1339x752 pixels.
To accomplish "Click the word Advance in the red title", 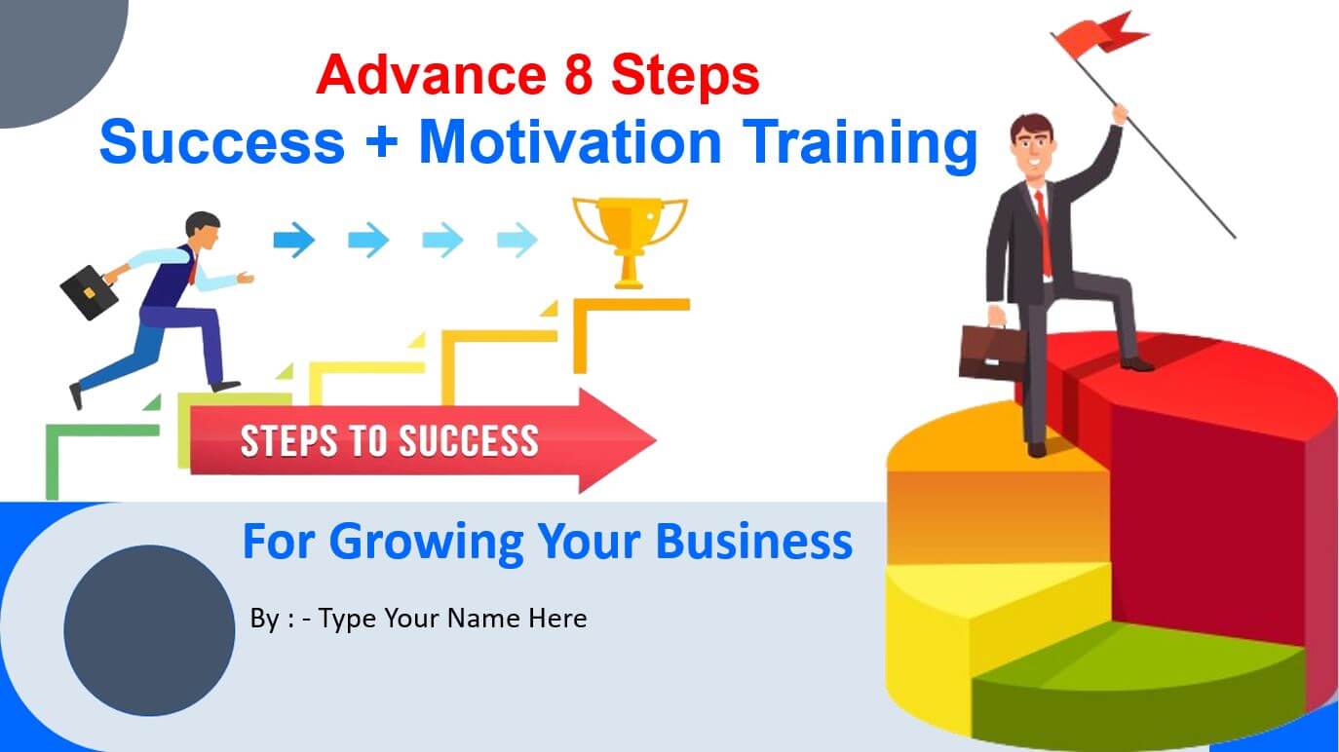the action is click(x=431, y=75).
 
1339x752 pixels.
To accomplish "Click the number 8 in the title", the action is click(x=578, y=75).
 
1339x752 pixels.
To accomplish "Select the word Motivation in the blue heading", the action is click(x=570, y=141).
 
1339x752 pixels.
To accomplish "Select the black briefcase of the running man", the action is click(x=89, y=292).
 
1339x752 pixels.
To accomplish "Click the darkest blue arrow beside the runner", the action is click(x=294, y=241).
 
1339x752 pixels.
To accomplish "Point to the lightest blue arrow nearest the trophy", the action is click(x=517, y=241).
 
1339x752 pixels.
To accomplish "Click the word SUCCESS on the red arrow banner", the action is click(x=469, y=441).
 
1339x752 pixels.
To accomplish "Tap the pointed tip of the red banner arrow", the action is click(x=656, y=441).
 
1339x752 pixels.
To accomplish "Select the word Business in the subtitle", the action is click(x=753, y=542).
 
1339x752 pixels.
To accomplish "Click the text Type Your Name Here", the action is click(x=452, y=619).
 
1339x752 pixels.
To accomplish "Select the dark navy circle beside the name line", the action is click(x=149, y=630).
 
